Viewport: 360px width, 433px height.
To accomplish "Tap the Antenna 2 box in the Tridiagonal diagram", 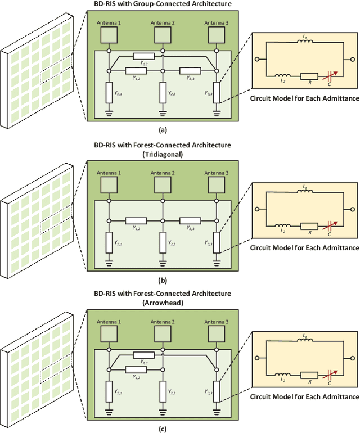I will [163, 184].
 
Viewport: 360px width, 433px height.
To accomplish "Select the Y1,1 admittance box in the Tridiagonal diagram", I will [109, 240].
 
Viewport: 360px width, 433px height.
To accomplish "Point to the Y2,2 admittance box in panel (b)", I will [163, 240].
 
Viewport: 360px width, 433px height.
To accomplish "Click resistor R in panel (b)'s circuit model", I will [308, 225].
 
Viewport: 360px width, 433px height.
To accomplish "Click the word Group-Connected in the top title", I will [147, 4].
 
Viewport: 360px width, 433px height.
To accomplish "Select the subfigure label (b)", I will [163, 279].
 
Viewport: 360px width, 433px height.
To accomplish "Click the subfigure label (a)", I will [163, 130].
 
